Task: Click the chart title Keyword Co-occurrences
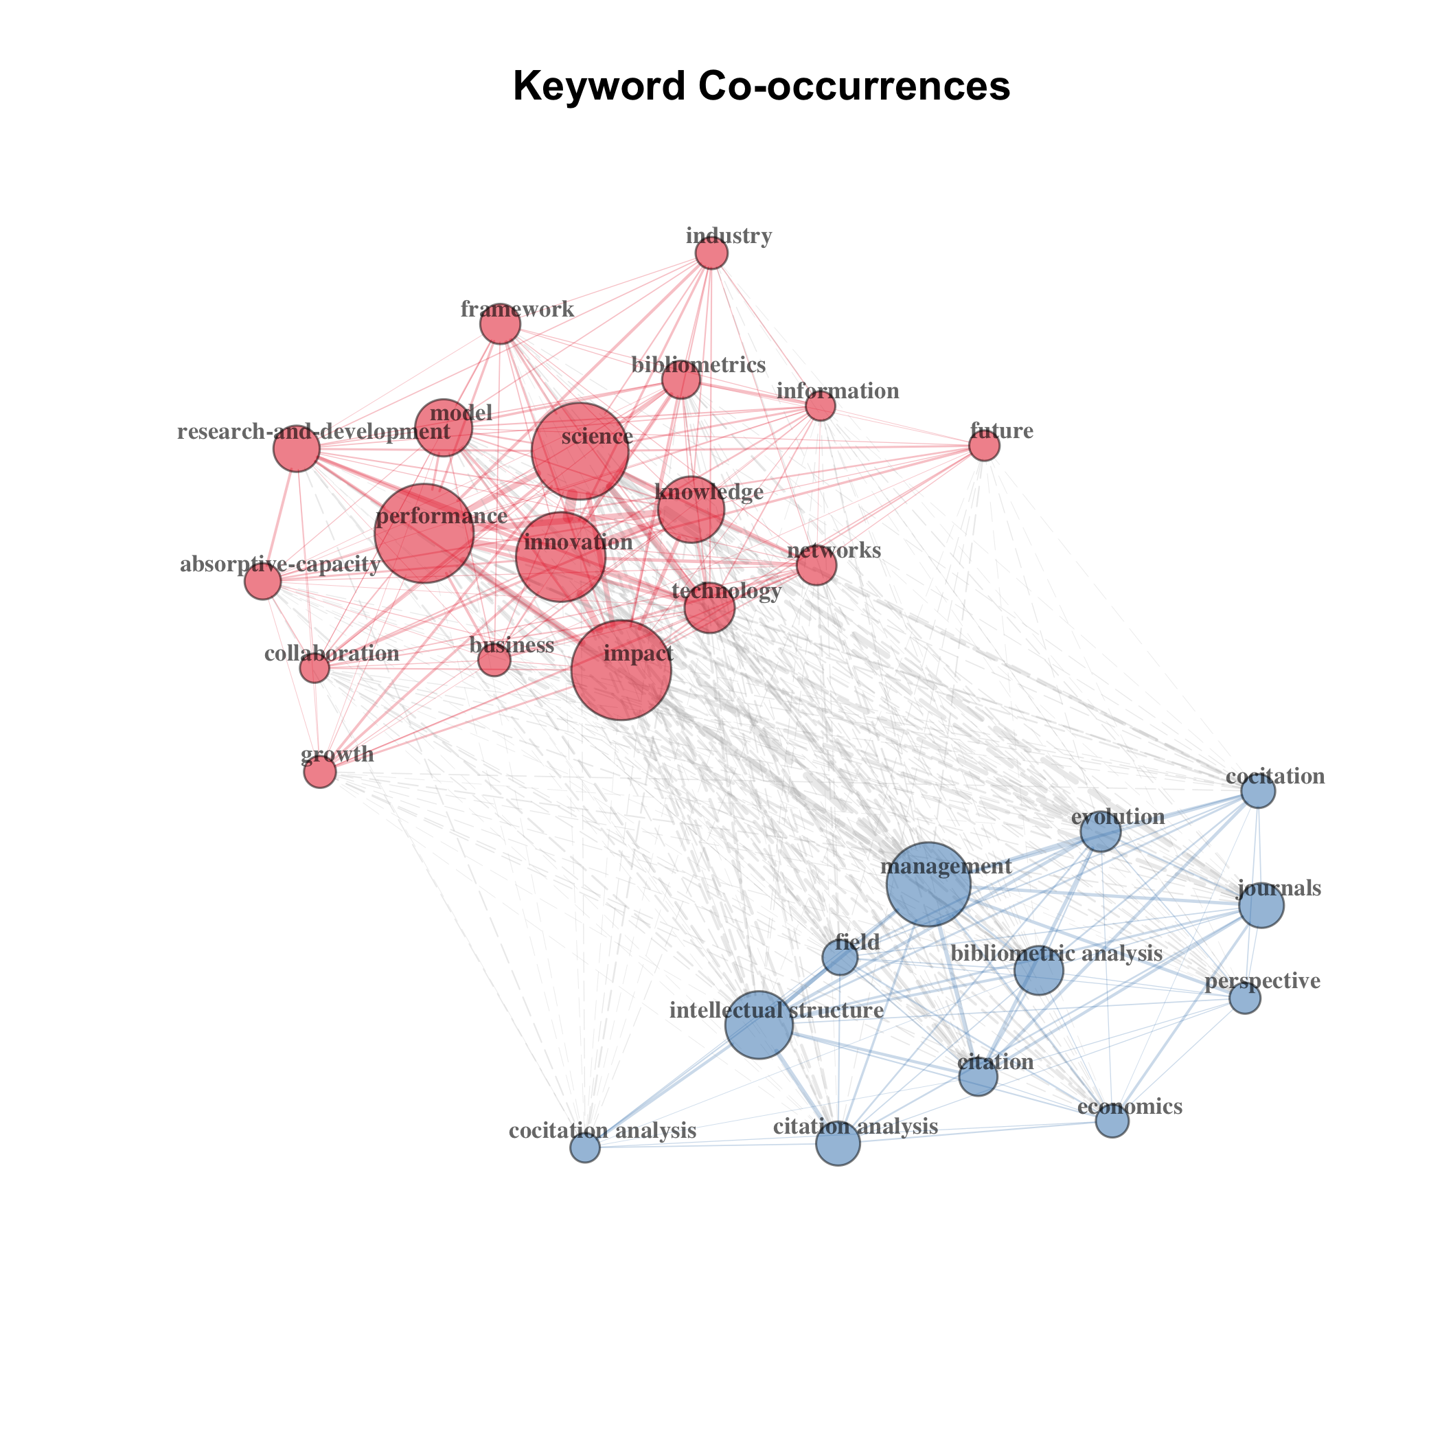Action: (x=762, y=86)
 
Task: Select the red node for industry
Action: (x=711, y=254)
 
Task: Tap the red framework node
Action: (x=500, y=325)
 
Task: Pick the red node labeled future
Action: (x=984, y=446)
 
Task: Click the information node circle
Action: (x=821, y=406)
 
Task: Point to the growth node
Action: (x=320, y=772)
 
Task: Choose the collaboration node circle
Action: (x=315, y=668)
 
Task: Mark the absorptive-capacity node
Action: (x=263, y=582)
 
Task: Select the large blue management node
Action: (x=928, y=884)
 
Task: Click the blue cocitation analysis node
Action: (x=585, y=1147)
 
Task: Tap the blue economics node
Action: (x=1112, y=1121)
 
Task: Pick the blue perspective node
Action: (x=1244, y=998)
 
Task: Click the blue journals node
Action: (x=1261, y=905)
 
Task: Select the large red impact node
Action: (x=621, y=670)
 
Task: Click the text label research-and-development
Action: (x=314, y=432)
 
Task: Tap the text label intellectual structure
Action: (x=776, y=1011)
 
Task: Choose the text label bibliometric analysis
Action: (x=1056, y=953)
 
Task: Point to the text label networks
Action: (x=834, y=551)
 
